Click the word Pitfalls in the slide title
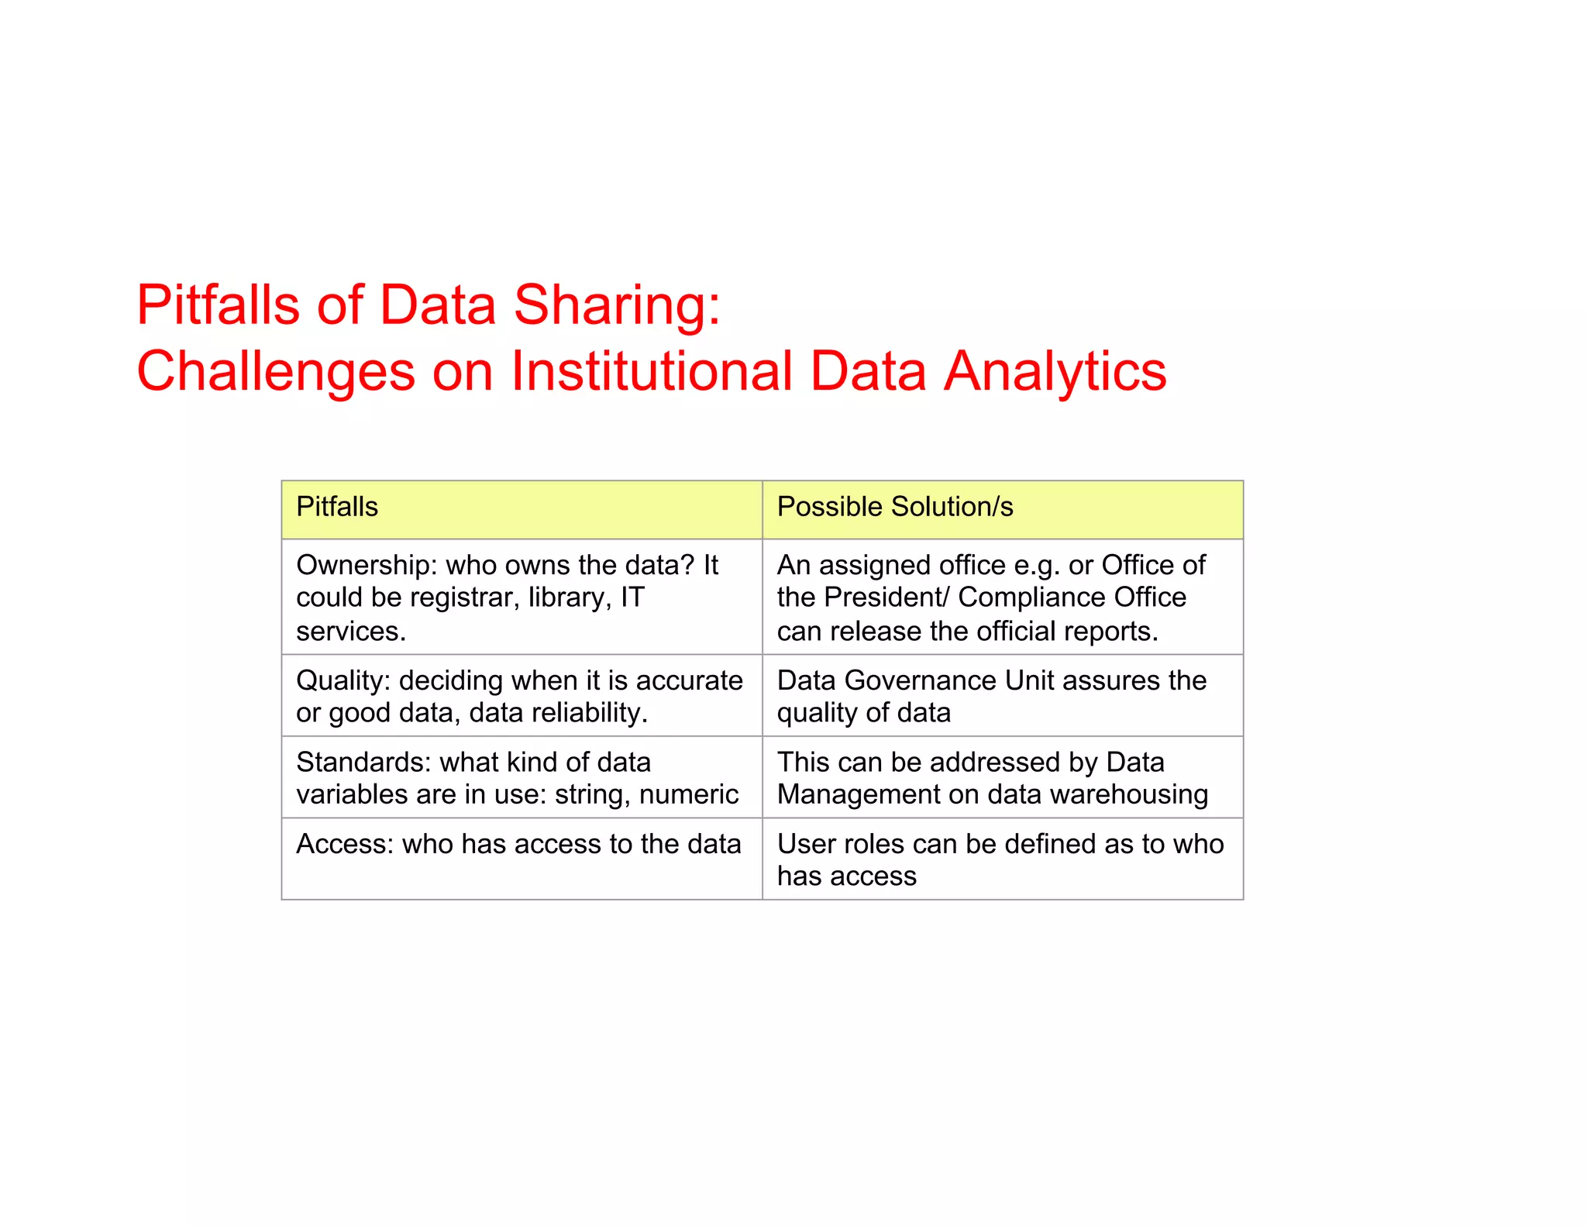point(218,305)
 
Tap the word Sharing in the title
point(617,305)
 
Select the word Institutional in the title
point(652,371)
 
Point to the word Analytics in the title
point(1055,371)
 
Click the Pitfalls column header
point(337,507)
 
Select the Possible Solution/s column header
point(895,507)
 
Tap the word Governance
point(921,680)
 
